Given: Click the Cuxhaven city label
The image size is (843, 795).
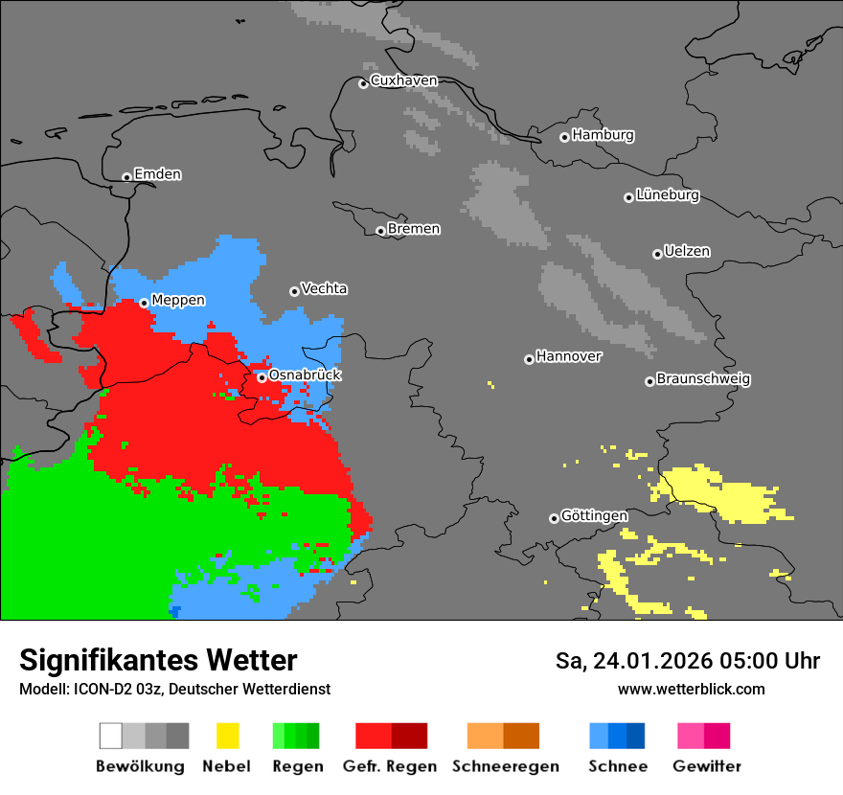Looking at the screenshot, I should pyautogui.click(x=403, y=80).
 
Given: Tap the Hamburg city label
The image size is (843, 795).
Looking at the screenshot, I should pyautogui.click(x=603, y=135).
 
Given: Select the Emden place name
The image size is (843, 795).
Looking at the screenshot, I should pyautogui.click(x=157, y=174).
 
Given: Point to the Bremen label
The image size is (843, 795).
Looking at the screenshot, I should pyautogui.click(x=414, y=229).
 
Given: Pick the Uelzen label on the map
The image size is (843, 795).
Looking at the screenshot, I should pyautogui.click(x=687, y=252).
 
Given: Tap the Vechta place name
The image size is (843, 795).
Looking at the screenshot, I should pyautogui.click(x=324, y=288).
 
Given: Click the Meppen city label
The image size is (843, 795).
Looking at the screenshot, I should pyautogui.click(x=178, y=301).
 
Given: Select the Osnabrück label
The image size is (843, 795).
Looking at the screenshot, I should pyautogui.click(x=305, y=375).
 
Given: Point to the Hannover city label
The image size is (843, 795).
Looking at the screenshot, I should pyautogui.click(x=568, y=356).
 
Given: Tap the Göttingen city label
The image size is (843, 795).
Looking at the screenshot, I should pyautogui.click(x=594, y=516).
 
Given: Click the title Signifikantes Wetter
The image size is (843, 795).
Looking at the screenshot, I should pyautogui.click(x=158, y=661).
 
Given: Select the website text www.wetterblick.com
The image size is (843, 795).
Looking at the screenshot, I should pyautogui.click(x=691, y=690).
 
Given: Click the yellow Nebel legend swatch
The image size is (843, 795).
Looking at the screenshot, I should pyautogui.click(x=227, y=736).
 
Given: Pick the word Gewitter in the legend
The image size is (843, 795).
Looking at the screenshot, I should pyautogui.click(x=707, y=766).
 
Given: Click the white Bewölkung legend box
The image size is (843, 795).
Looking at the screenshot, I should pyautogui.click(x=111, y=736).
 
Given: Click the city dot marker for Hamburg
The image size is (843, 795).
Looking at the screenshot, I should pyautogui.click(x=564, y=137).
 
